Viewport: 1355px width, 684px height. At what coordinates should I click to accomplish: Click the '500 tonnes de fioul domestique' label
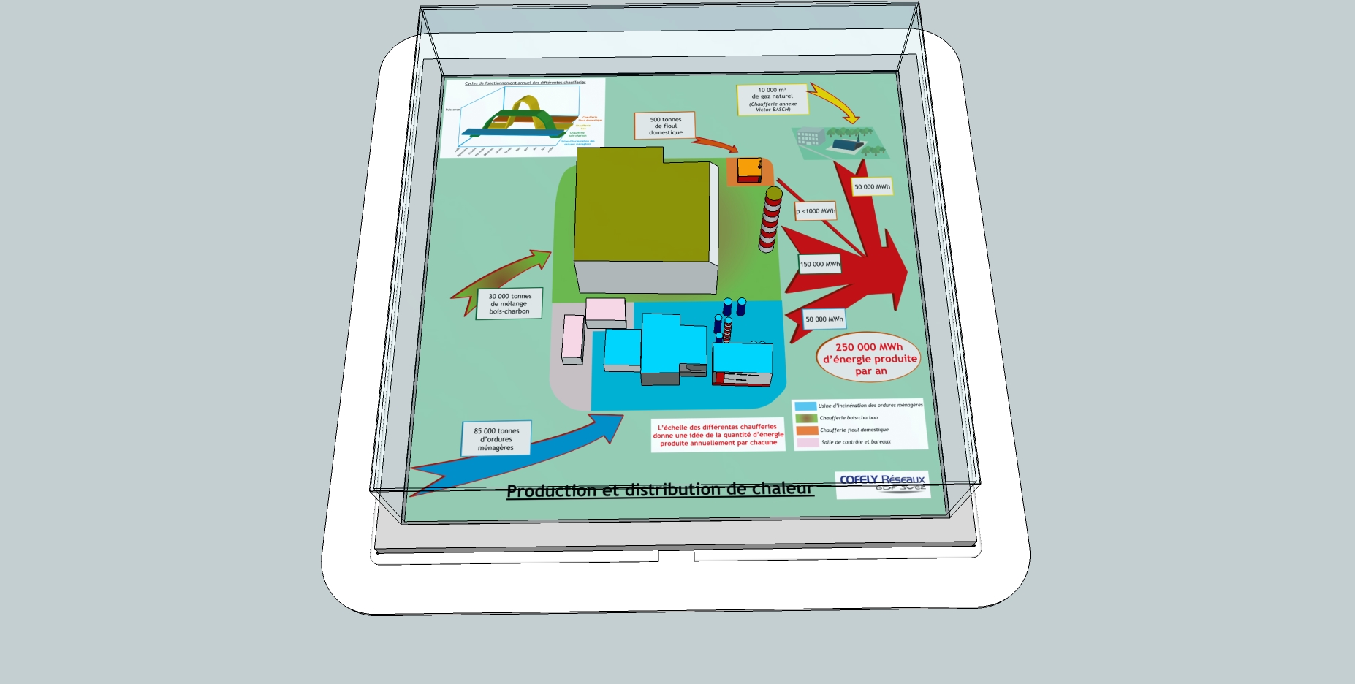pyautogui.click(x=664, y=126)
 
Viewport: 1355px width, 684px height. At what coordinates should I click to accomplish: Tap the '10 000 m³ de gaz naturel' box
pyautogui.click(x=773, y=99)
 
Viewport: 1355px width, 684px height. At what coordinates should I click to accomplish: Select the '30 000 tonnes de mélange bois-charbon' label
pyautogui.click(x=509, y=303)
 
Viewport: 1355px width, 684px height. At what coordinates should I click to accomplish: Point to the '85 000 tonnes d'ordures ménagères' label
pyautogui.click(x=496, y=439)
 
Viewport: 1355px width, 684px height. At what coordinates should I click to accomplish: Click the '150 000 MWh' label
pyautogui.click(x=819, y=264)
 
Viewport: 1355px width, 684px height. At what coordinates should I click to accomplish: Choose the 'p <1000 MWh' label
pyautogui.click(x=816, y=211)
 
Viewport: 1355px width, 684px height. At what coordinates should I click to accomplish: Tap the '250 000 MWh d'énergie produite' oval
pyautogui.click(x=869, y=358)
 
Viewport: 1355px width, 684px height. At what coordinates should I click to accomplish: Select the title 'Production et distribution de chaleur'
pyautogui.click(x=659, y=490)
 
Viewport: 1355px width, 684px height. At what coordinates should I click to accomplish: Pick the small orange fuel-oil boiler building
pyautogui.click(x=749, y=170)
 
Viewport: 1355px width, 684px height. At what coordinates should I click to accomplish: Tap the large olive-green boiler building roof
pyautogui.click(x=642, y=208)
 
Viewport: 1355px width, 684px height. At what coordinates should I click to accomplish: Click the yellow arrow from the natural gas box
pyautogui.click(x=835, y=101)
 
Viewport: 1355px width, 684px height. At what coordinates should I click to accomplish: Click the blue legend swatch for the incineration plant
pyautogui.click(x=805, y=406)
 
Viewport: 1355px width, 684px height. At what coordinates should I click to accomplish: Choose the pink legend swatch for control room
pyautogui.click(x=808, y=442)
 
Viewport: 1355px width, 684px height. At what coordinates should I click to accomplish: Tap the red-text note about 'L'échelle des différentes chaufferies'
pyautogui.click(x=718, y=435)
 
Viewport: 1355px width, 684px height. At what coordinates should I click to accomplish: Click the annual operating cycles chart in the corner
pyautogui.click(x=523, y=117)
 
